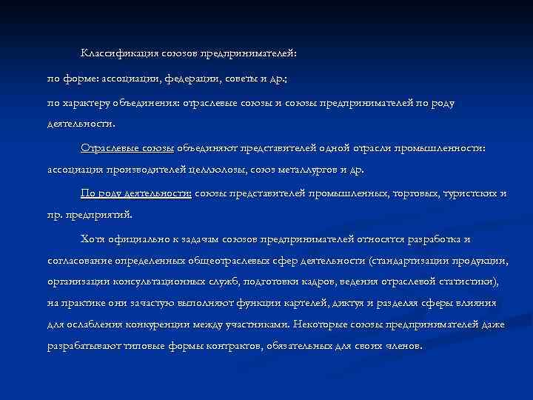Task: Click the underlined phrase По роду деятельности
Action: (x=135, y=193)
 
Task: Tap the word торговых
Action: (x=415, y=193)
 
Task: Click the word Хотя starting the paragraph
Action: (x=93, y=239)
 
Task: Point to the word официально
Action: (x=140, y=239)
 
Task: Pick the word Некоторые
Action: (x=320, y=324)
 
